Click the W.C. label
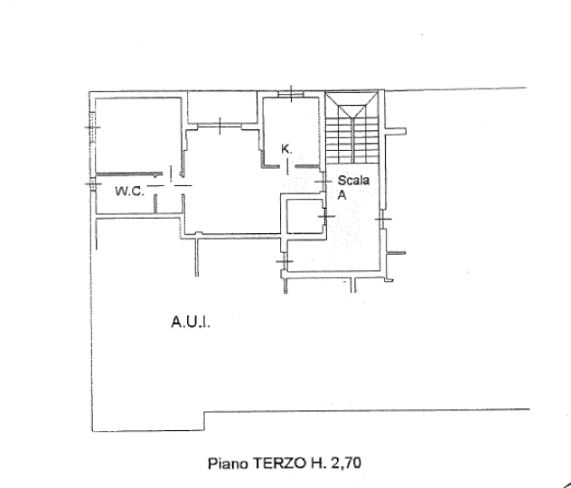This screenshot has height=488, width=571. point(129,191)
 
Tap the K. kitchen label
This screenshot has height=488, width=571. point(286,149)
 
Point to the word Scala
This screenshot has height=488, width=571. point(353,180)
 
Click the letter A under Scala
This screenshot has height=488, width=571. point(342,195)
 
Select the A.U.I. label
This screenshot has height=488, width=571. point(191,323)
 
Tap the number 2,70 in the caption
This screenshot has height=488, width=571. point(346,464)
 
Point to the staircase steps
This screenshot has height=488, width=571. point(352,140)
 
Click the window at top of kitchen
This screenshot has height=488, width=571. point(291,94)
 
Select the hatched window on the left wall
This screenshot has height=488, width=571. point(93,127)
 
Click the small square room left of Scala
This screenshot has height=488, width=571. point(304,216)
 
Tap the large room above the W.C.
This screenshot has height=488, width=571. point(137,135)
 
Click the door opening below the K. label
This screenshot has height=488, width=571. point(286,167)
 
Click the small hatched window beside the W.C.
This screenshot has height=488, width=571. point(93,183)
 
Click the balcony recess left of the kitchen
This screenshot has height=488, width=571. point(222,108)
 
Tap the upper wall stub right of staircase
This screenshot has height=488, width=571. point(395,131)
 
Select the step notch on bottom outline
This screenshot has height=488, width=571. point(204,421)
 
